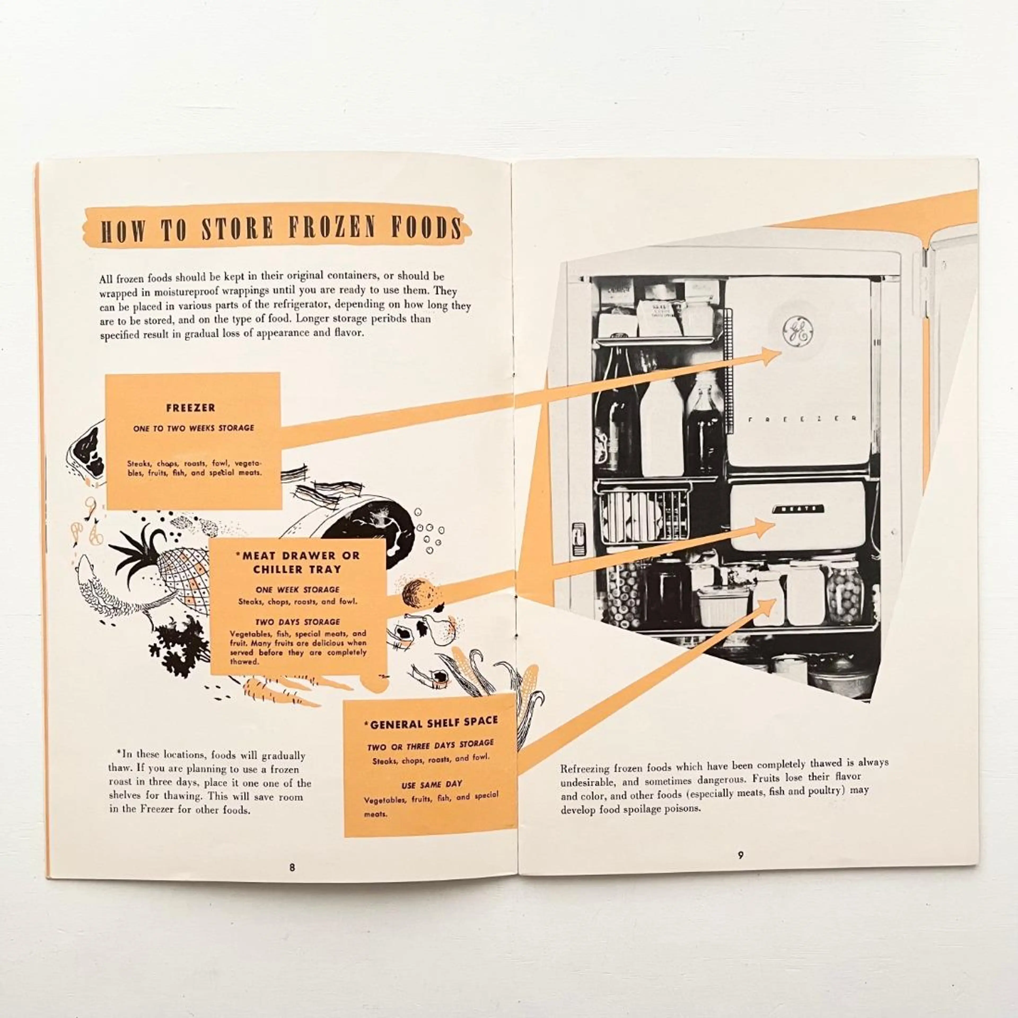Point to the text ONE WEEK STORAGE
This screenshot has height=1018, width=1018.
coord(298,590)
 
